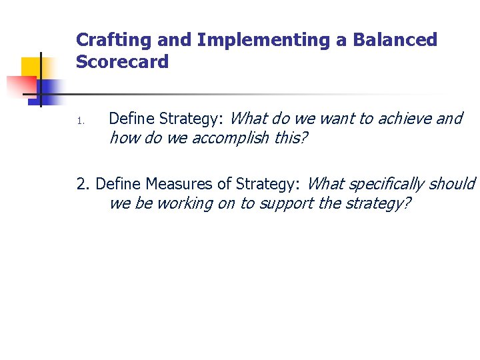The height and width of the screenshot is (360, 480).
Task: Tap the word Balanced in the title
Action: coord(395,40)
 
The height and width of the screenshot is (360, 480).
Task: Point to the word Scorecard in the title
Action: coord(122,62)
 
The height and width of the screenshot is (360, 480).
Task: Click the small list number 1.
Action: coord(78,121)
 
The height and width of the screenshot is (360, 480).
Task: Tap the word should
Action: coord(453,183)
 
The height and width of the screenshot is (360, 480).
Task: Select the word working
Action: coord(185,203)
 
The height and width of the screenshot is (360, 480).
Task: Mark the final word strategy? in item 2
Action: coord(375,203)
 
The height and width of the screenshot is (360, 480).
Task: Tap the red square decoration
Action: coord(20,87)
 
